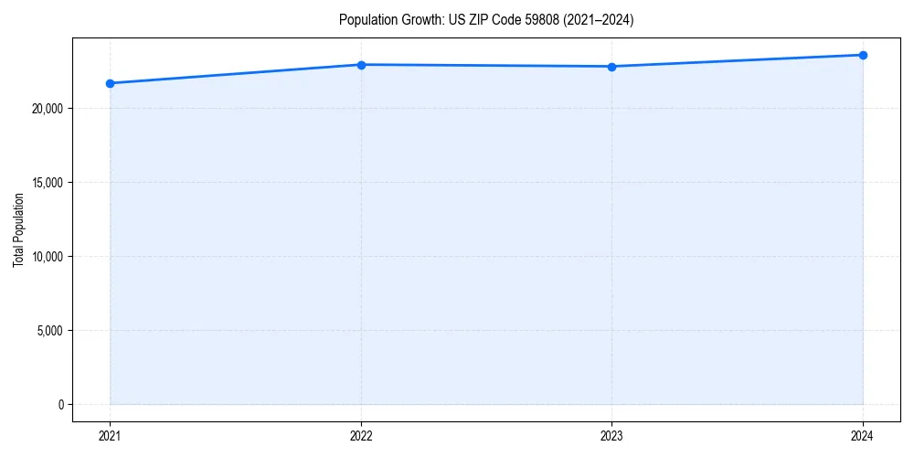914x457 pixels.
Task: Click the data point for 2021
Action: pos(110,83)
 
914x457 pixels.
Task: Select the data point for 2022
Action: pos(361,65)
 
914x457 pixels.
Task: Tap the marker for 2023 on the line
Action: pos(611,67)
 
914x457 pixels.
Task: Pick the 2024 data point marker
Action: pos(863,55)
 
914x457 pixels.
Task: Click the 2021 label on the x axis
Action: pos(110,435)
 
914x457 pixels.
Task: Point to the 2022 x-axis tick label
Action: pos(361,435)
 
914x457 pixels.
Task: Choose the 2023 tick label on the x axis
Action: pos(611,435)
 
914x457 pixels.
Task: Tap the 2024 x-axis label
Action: pos(863,435)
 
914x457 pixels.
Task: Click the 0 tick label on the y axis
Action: pos(61,404)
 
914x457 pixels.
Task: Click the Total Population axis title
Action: pos(18,229)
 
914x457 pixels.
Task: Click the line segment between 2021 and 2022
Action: pos(235,74)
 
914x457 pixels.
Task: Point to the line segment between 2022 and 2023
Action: pos(486,66)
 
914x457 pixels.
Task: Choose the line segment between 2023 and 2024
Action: pos(737,61)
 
